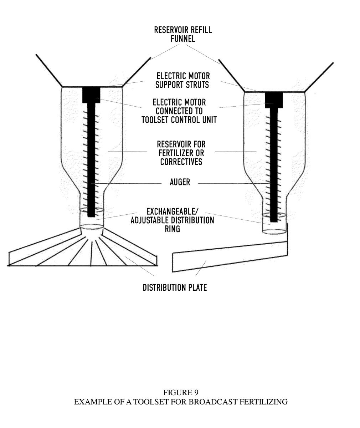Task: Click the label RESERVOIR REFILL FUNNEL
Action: tap(183, 34)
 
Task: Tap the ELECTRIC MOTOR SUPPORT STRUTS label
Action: tap(182, 80)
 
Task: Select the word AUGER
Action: tap(180, 182)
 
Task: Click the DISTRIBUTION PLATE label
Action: tap(175, 287)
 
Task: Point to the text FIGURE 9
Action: tap(181, 393)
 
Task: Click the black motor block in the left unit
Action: tap(91, 95)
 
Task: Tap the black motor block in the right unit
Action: tap(274, 100)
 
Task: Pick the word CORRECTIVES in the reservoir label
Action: tap(181, 162)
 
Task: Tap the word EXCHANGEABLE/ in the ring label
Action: tap(172, 212)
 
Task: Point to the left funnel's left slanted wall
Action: tap(49, 70)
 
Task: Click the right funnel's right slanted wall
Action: tap(319, 77)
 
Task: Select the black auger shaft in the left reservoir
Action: tap(91, 160)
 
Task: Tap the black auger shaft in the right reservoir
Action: tap(274, 165)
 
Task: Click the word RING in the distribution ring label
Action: tap(172, 229)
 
